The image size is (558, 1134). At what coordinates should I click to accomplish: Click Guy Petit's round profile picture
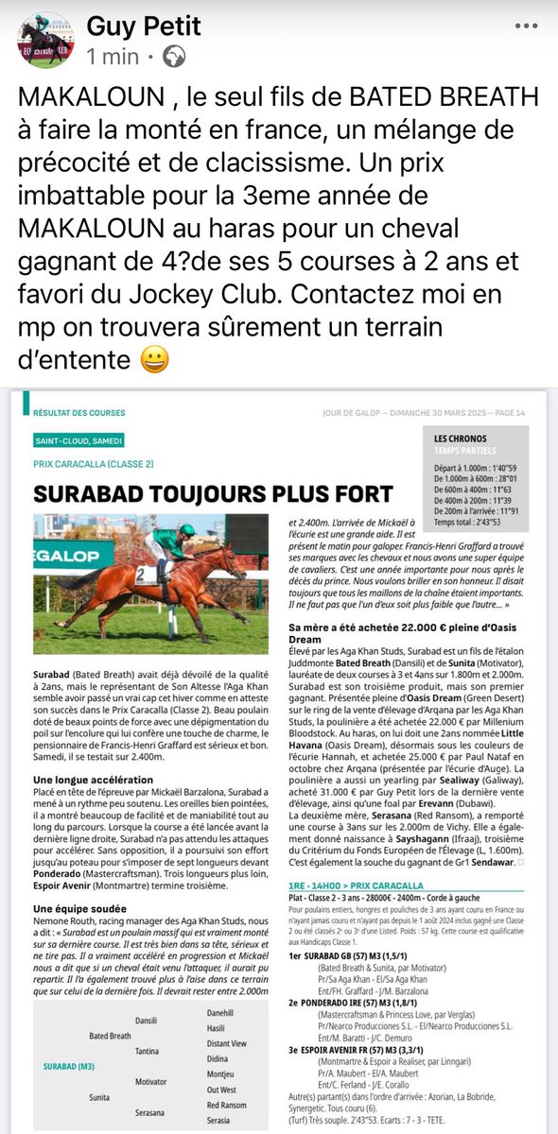tap(44, 41)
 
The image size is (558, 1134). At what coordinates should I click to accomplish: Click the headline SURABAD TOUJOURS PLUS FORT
tap(213, 493)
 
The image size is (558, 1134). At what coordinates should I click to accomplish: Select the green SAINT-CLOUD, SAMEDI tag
tap(80, 441)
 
